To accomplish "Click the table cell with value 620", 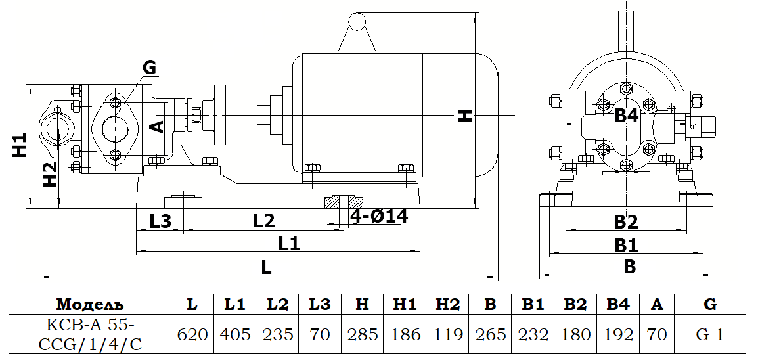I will (192, 334).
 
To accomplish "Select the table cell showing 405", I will (235, 334).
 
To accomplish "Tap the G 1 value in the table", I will (709, 334).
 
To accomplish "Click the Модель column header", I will (90, 304).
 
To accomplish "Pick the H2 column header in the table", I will (447, 304).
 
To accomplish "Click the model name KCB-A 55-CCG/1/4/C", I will (90, 334).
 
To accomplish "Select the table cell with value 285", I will (363, 334).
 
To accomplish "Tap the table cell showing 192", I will (618, 334).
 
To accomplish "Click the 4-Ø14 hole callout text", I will (379, 216).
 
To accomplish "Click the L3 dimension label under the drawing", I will (160, 221).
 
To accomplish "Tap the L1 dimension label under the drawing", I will (289, 244).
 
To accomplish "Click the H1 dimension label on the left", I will (20, 145).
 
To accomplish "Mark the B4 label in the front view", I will (626, 116).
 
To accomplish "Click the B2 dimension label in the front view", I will (626, 222).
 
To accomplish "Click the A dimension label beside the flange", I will (157, 126).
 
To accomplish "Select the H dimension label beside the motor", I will (465, 116).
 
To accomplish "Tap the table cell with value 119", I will (447, 334).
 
